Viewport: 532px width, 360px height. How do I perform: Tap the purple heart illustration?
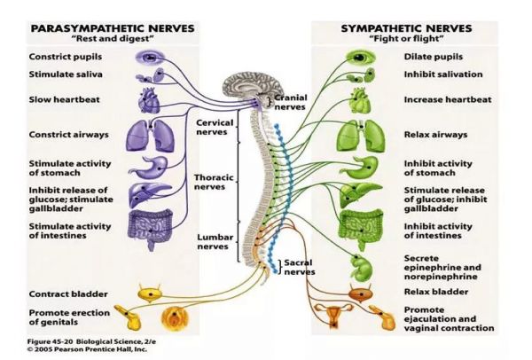pos(149,100)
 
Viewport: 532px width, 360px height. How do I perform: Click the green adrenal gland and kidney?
pos(362,268)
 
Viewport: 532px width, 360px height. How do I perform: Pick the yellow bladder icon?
pos(150,293)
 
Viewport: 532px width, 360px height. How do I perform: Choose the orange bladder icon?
pos(361,293)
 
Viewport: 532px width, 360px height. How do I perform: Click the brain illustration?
pos(253,87)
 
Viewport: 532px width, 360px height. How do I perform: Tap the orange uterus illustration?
pos(333,315)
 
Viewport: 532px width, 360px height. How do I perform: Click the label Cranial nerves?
pos(291,102)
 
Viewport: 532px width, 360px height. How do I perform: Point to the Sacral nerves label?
pos(300,267)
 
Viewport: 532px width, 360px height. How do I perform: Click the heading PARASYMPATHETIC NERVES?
pos(113,28)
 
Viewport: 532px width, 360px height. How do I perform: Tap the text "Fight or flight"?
pos(406,39)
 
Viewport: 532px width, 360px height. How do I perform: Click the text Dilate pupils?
pos(434,57)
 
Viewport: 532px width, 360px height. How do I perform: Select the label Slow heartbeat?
pos(64,100)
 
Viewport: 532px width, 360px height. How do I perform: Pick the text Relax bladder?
pos(436,292)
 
